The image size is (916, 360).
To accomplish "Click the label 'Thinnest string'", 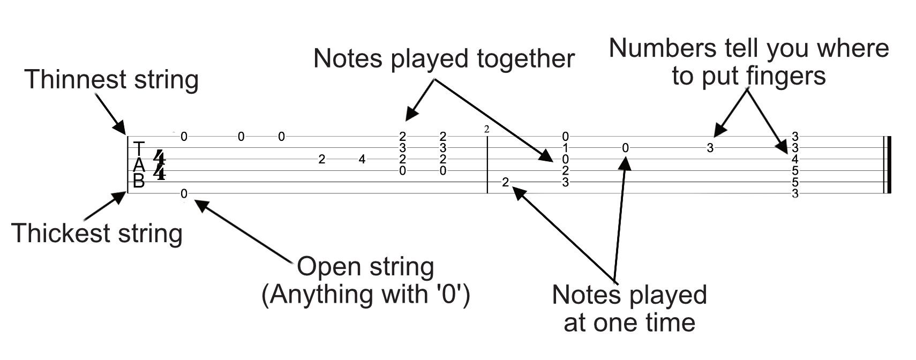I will pyautogui.click(x=111, y=80).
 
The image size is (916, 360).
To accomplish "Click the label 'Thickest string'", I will pyautogui.click(x=97, y=234).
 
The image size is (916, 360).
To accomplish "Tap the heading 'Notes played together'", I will pyautogui.click(x=444, y=58).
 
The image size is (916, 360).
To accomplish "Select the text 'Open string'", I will pyautogui.click(x=365, y=266).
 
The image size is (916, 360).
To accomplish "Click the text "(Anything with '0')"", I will pyautogui.click(x=365, y=294).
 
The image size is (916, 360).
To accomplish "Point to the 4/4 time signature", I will pyautogui.click(x=159, y=164).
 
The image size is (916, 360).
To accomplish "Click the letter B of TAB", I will pyautogui.click(x=139, y=182).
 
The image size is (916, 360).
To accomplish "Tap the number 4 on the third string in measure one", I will pyautogui.click(x=362, y=159).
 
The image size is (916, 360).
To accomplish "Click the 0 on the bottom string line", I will pyautogui.click(x=184, y=193).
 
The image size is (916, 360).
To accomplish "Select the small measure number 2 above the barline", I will pyautogui.click(x=486, y=129).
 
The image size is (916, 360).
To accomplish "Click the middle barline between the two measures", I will pyautogui.click(x=487, y=165).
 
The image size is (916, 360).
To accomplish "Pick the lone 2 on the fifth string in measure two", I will pyautogui.click(x=505, y=183).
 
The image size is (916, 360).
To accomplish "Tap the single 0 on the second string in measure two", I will pyautogui.click(x=625, y=148).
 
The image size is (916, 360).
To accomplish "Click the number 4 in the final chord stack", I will pyautogui.click(x=795, y=159).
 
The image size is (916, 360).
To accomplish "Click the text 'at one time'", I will pyautogui.click(x=629, y=322).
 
